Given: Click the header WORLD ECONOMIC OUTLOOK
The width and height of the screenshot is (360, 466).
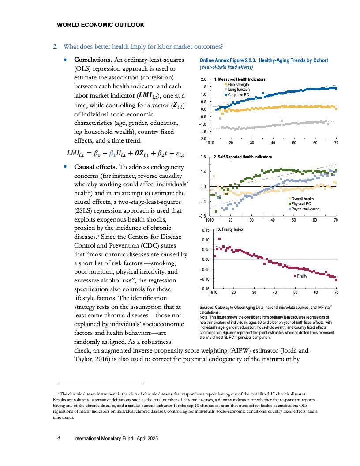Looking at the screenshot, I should (101, 25).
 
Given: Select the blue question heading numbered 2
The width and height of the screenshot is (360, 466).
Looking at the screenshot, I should (143, 46).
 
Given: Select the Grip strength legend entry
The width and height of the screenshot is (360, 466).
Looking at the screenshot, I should (238, 85).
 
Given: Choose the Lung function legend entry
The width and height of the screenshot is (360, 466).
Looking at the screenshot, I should (239, 90).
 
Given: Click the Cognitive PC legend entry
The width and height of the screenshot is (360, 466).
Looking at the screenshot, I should (238, 94).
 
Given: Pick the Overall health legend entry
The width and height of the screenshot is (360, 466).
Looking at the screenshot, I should (303, 199).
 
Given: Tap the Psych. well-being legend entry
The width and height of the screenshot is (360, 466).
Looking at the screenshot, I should (305, 208).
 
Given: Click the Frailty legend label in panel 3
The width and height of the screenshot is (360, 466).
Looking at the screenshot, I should (302, 276).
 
